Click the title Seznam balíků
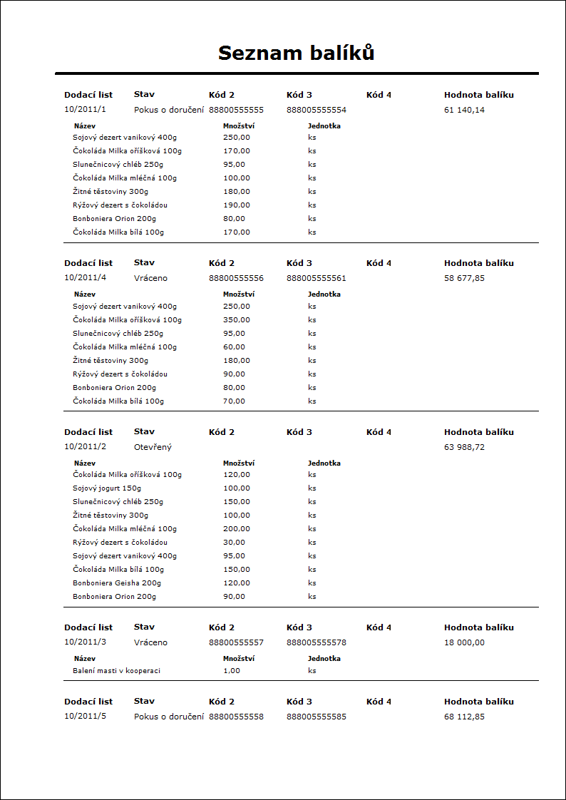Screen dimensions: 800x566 point(296,53)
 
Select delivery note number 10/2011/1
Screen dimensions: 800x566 point(85,110)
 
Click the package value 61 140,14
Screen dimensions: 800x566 point(464,110)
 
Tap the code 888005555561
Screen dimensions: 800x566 point(316,278)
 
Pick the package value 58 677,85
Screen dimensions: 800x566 point(464,278)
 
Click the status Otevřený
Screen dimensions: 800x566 point(153,447)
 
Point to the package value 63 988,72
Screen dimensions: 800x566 point(464,447)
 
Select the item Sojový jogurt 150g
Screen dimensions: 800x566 point(107,488)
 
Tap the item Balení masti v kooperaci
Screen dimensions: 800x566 point(116,671)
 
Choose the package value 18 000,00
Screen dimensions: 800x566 point(464,642)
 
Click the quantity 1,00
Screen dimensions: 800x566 point(232,671)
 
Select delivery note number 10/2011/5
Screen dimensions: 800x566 point(85,717)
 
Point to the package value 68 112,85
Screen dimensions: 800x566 point(464,717)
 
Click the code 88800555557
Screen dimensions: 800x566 point(236,642)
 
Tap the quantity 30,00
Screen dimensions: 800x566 point(234,542)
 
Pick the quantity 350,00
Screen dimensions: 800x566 point(236,320)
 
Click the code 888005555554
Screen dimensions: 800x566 point(316,110)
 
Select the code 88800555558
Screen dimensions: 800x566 point(236,717)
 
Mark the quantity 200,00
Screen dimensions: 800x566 point(236,528)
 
